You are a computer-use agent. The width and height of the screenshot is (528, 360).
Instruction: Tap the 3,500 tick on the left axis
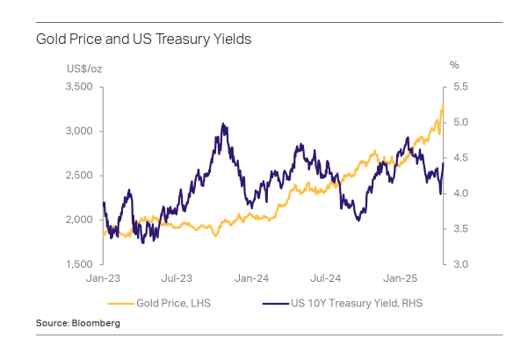[79, 87]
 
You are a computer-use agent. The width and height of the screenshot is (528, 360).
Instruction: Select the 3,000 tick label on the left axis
[79, 131]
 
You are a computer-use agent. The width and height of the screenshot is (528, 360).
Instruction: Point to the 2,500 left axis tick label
[79, 176]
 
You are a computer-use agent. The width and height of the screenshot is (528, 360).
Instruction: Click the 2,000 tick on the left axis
[79, 220]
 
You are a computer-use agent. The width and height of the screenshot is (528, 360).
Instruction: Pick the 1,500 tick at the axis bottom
[79, 263]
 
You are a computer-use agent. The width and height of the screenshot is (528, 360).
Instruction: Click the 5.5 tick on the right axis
[459, 87]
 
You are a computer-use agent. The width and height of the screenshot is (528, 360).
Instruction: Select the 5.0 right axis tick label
[459, 122]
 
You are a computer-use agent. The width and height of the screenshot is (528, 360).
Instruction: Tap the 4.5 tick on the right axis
[459, 158]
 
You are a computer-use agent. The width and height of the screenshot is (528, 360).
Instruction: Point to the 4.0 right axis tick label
[459, 193]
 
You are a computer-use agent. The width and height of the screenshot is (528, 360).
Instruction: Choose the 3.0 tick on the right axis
[459, 263]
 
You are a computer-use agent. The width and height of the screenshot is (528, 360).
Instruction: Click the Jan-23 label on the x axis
[105, 278]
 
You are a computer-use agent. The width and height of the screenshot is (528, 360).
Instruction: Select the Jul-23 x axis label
[178, 278]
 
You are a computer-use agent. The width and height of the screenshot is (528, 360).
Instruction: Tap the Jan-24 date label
[251, 278]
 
